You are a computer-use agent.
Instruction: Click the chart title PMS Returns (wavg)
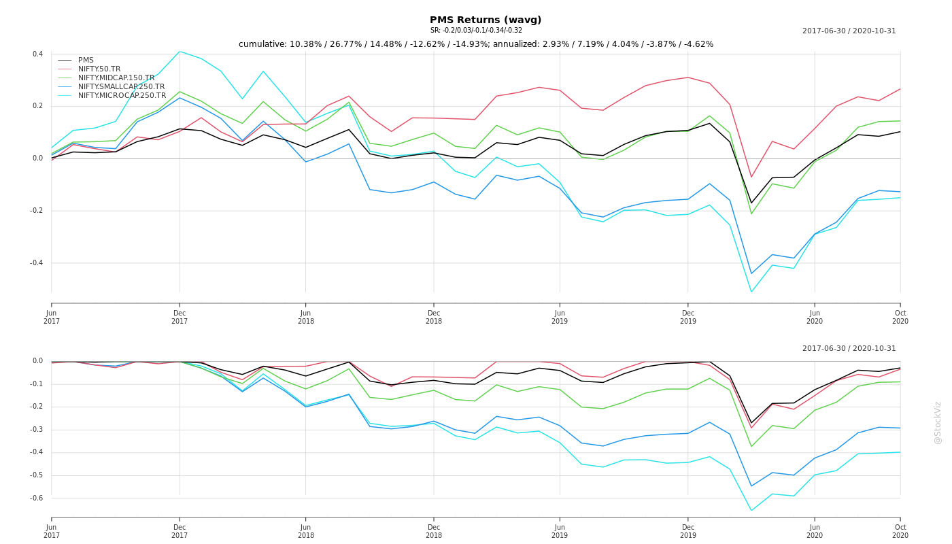(x=486, y=20)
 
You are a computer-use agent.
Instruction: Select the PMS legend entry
(x=86, y=61)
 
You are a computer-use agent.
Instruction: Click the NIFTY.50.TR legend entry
(x=99, y=69)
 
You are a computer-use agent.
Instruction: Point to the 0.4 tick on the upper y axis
(x=38, y=54)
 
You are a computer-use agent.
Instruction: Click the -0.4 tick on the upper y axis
(x=37, y=263)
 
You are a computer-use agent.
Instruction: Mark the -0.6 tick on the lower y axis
(x=37, y=498)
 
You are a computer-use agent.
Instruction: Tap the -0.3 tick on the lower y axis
(x=37, y=430)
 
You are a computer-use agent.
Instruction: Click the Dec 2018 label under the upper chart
(x=434, y=317)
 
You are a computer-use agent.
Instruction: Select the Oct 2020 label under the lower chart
(x=900, y=531)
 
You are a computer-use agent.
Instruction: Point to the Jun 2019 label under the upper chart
(x=560, y=317)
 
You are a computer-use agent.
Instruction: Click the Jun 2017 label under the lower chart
(x=52, y=531)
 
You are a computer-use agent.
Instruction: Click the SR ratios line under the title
(x=476, y=31)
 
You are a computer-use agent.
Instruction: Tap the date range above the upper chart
(x=849, y=31)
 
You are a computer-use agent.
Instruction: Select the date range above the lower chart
(x=849, y=349)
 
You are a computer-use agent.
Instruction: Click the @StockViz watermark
(x=938, y=422)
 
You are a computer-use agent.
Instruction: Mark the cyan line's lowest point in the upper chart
(x=751, y=292)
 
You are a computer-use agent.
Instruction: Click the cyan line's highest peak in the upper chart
(x=180, y=51)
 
